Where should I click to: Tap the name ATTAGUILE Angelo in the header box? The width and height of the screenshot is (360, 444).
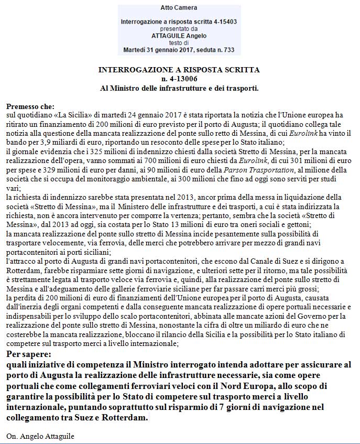click(x=179, y=36)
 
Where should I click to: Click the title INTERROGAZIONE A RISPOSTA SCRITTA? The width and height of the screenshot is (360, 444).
click(x=179, y=70)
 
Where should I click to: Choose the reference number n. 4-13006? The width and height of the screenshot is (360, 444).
click(x=179, y=79)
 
